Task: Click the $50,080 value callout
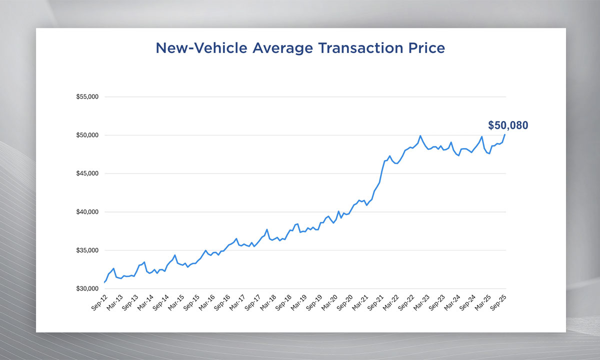508,125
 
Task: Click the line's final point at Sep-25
505,134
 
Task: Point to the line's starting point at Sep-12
104,282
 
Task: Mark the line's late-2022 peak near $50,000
420,135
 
